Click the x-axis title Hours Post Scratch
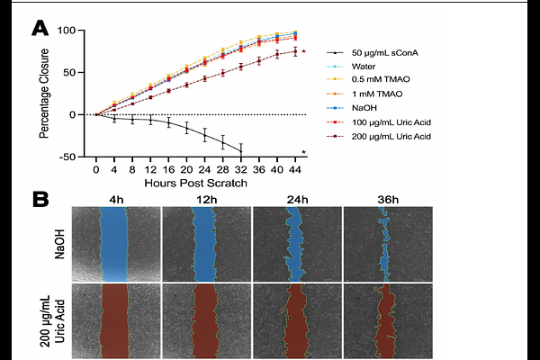pos(195,183)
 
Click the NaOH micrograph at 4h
pos(114,244)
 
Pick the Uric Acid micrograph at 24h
pos(297,320)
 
